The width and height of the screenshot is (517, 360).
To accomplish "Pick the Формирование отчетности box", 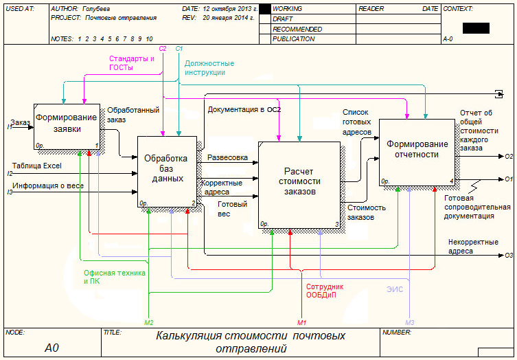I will pos(417,150).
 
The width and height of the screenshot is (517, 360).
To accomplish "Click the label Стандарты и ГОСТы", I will pos(131,63).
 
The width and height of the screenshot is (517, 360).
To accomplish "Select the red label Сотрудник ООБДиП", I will pos(325,291).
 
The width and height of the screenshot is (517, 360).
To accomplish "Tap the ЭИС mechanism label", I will pos(393,290).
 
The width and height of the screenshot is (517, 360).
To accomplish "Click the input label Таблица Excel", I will pos(37,166).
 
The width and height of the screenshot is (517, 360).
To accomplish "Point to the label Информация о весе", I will pos(47,185).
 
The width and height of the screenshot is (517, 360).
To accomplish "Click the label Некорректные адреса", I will pos(470,247).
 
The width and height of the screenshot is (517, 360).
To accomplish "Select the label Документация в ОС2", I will pos(244,109).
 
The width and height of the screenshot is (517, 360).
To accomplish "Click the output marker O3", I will pos(509,256).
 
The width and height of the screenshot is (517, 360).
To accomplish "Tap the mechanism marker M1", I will pos(301,322).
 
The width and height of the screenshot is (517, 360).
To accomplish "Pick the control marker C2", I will pos(163,49).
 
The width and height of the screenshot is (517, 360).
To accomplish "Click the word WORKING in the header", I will pos(288,9).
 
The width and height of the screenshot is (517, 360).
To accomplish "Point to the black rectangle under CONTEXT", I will pos(476,28).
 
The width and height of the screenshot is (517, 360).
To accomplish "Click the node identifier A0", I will pos(52,348).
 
